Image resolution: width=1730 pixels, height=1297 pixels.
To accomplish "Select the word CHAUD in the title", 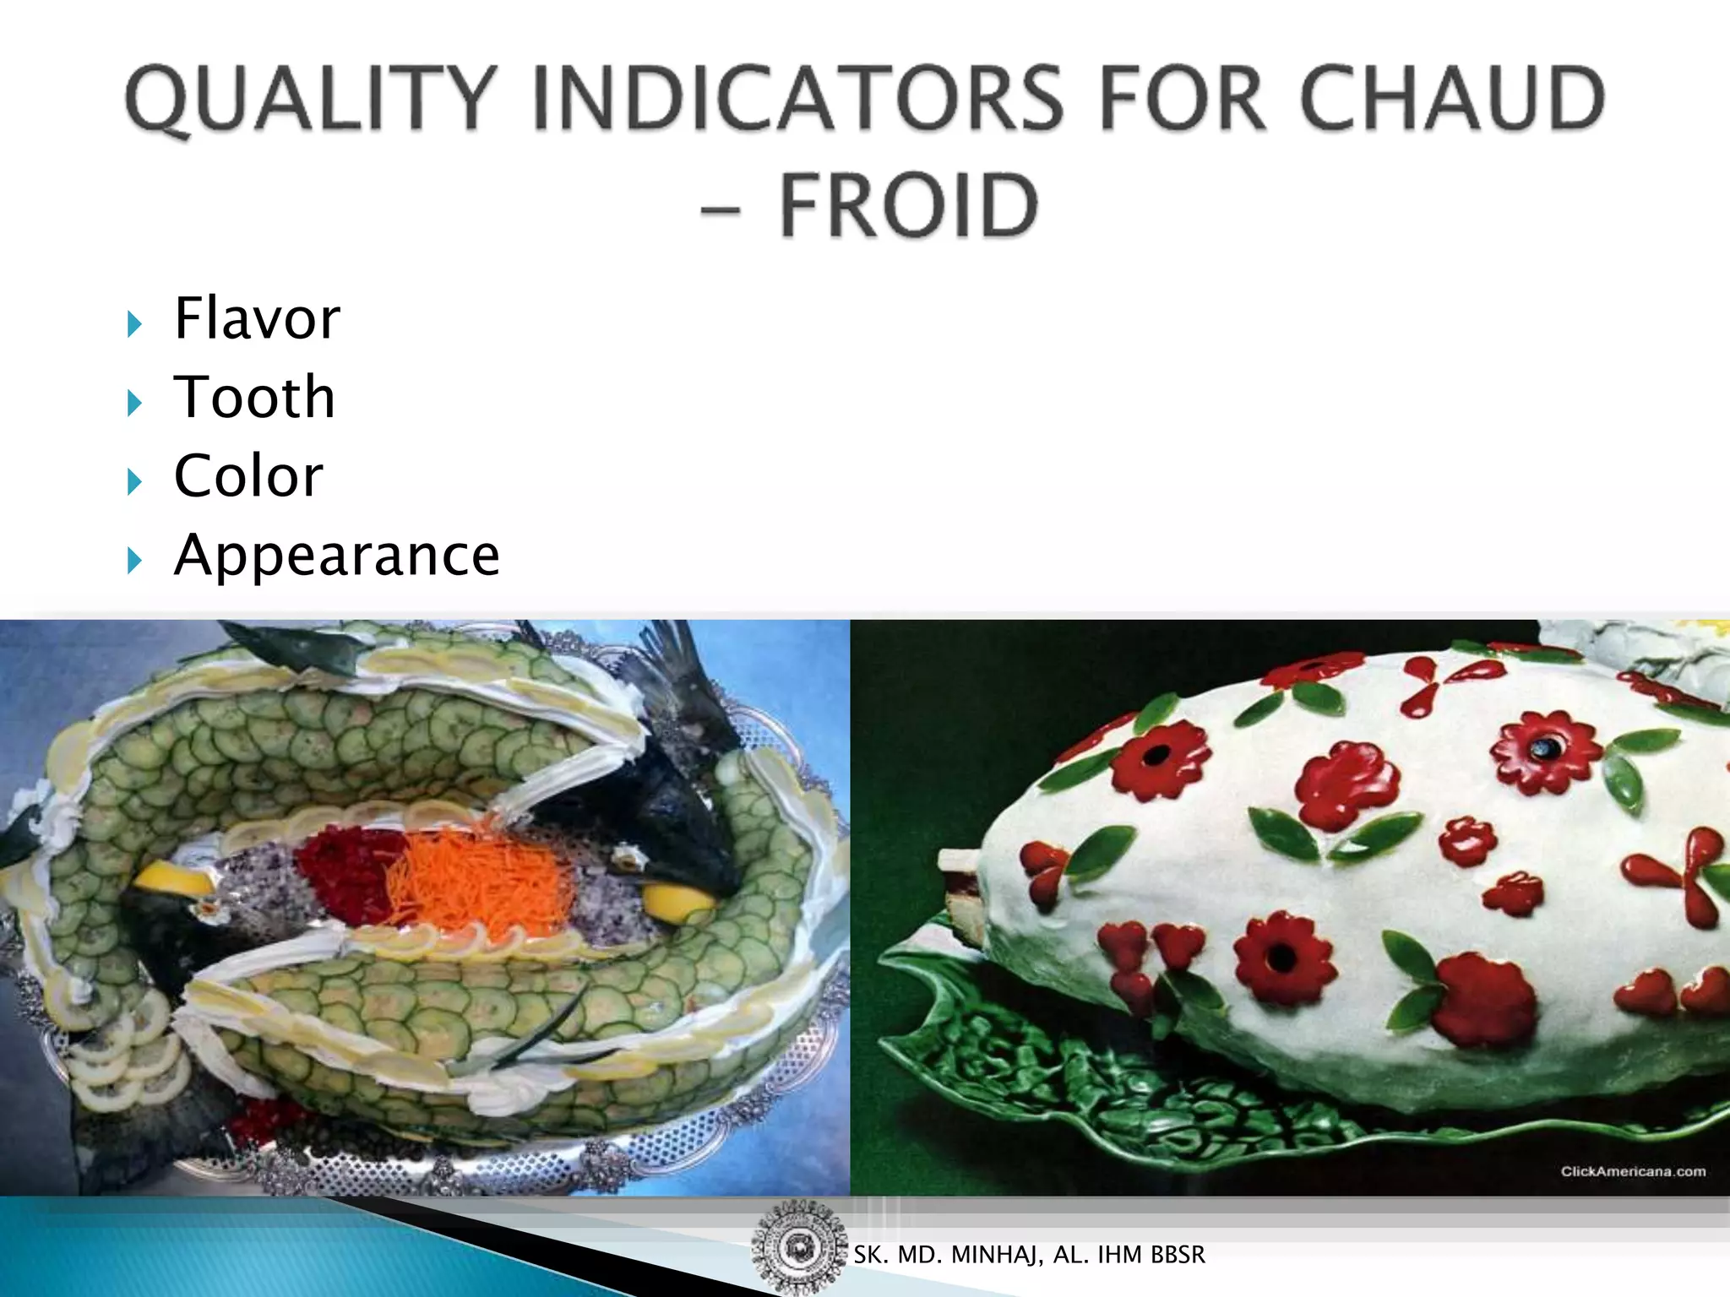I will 1452,100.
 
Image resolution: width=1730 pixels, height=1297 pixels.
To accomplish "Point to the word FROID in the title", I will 908,206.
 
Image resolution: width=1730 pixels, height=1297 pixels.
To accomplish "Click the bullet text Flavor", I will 257,318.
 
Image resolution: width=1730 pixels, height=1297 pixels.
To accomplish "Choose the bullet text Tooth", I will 254,397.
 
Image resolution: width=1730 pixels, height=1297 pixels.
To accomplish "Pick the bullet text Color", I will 248,475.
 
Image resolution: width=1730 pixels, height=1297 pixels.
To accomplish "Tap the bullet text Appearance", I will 336,556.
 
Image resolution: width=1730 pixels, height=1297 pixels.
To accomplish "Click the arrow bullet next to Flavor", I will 134,323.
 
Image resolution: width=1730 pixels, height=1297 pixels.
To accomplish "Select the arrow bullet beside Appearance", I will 134,560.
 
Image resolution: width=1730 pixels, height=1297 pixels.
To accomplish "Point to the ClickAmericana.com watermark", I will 1632,1171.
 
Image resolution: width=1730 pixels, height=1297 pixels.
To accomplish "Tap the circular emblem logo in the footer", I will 797,1248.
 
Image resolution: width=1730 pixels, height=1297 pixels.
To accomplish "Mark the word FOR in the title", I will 1183,100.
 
